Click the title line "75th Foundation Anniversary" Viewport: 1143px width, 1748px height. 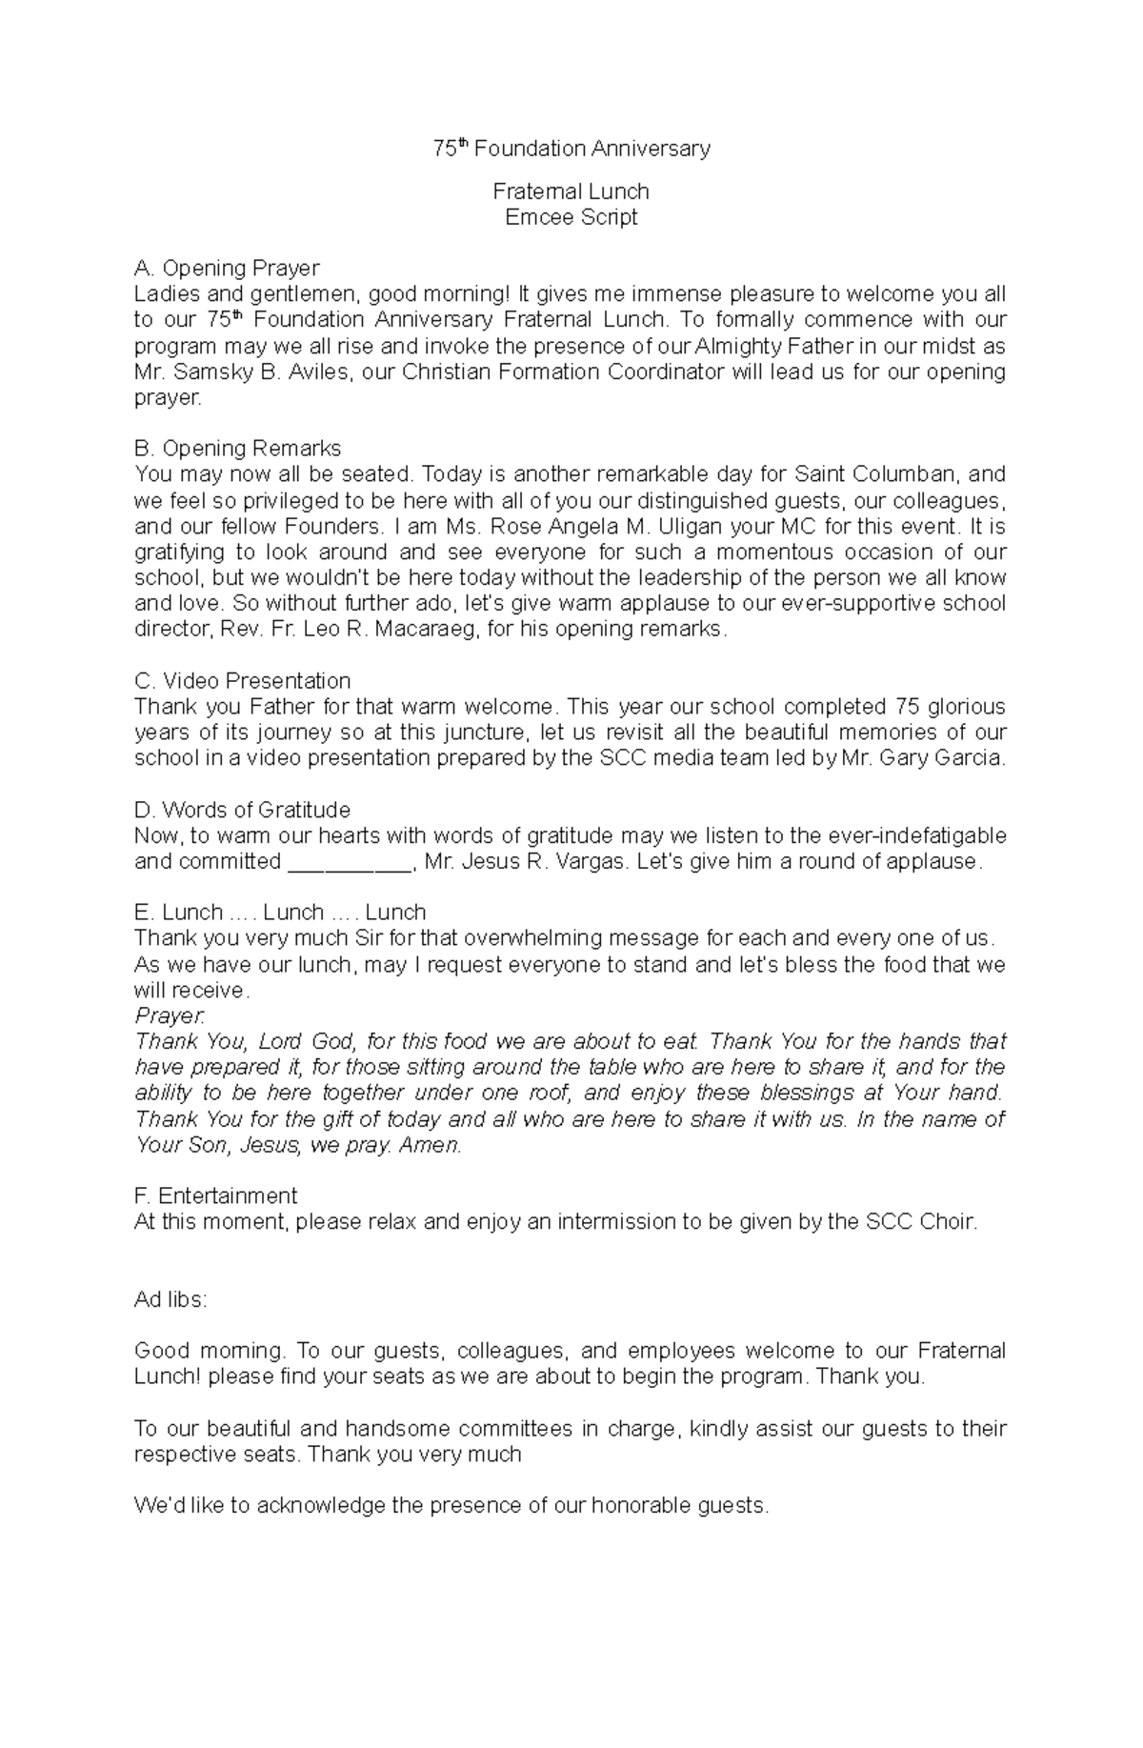571,149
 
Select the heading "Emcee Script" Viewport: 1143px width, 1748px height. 571,217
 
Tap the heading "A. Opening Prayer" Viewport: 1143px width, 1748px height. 227,269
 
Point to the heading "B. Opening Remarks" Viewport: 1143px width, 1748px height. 238,449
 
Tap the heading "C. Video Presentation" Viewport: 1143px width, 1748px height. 243,681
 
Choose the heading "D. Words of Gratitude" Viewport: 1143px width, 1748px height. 243,811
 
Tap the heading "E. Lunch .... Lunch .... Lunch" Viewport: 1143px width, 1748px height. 280,913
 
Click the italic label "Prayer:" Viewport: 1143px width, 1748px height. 170,1016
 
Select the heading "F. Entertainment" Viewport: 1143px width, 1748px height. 216,1196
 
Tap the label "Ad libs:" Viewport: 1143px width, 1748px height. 170,1300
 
